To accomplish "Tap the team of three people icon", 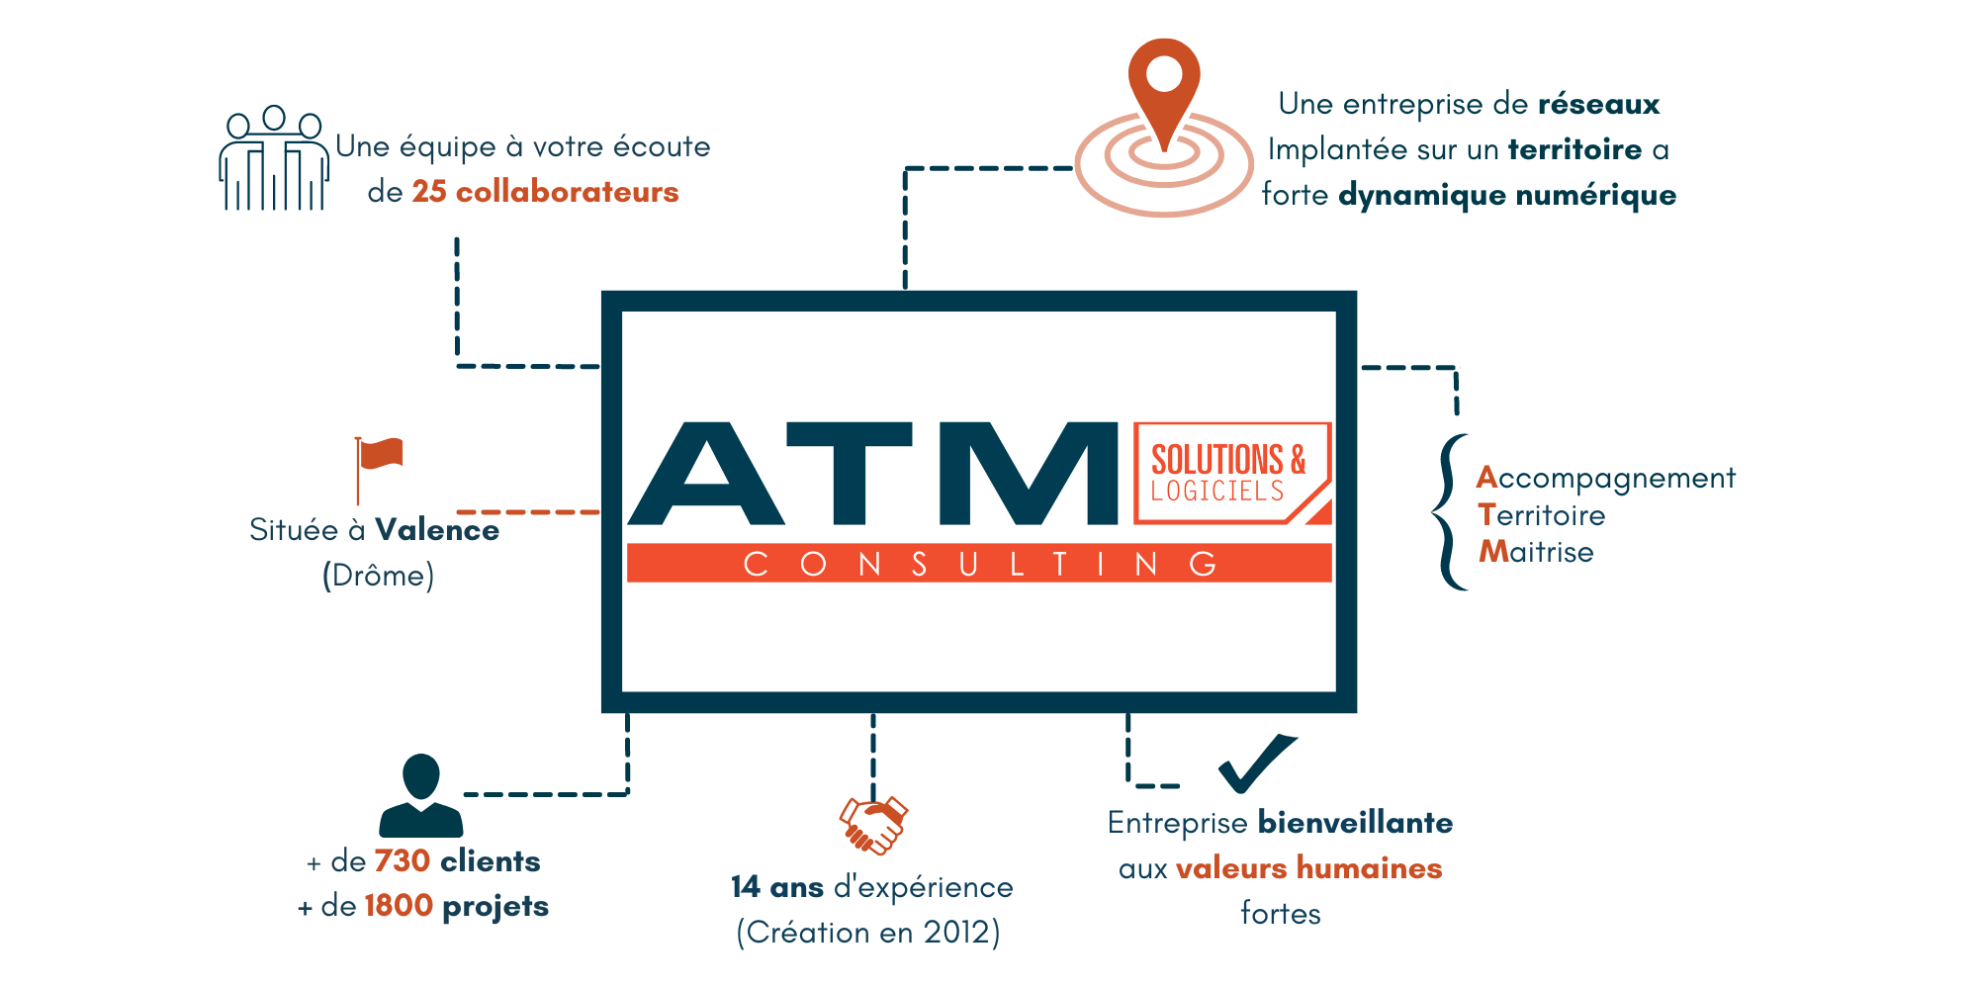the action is coord(274,158).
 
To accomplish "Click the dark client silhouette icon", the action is coord(421,795).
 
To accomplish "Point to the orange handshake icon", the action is coord(873,825).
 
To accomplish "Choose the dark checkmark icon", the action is coord(1257,763).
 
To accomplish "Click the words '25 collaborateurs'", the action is coord(545,191).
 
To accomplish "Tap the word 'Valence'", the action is coord(437,530).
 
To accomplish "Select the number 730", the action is coord(402,861).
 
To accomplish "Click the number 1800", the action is coord(399,906).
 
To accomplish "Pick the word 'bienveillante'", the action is coord(1355,823).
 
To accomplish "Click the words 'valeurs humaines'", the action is coord(1308,868).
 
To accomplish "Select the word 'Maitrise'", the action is coord(1536,552).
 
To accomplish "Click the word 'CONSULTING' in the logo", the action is coord(979,564).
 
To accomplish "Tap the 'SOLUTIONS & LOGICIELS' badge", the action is coord(1232,473).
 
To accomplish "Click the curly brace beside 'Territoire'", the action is coord(1446,512).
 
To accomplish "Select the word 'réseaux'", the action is coord(1599,104).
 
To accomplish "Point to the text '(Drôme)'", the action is coord(379,576).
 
